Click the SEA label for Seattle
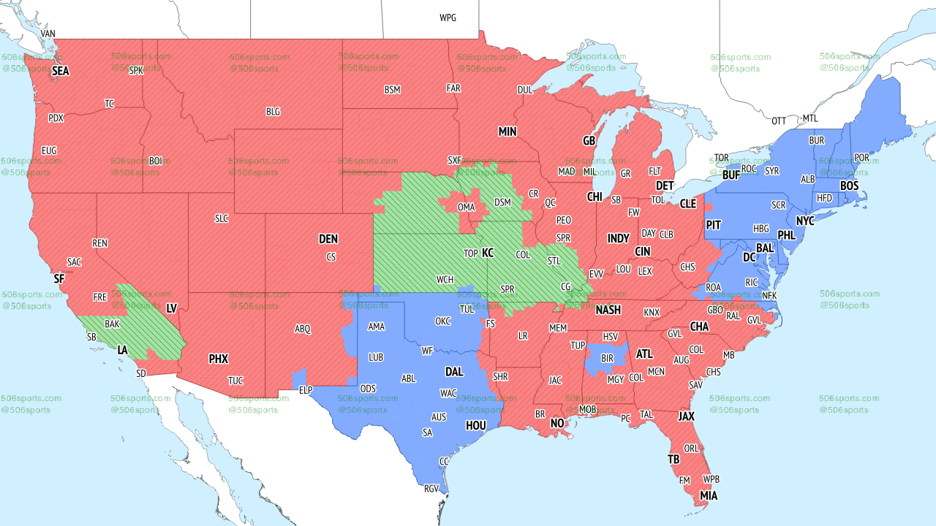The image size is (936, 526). (60, 72)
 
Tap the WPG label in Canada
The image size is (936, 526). (448, 18)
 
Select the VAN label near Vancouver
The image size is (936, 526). (48, 34)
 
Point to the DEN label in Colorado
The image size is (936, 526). (328, 239)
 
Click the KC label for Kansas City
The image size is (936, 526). (487, 253)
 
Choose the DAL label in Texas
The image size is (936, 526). (454, 372)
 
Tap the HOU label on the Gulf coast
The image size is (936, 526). (475, 425)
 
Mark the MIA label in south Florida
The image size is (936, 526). (708, 496)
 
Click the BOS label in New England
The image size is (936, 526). (849, 186)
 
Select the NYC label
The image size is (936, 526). (805, 221)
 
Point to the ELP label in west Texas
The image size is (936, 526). (306, 391)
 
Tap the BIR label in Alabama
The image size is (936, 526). (606, 359)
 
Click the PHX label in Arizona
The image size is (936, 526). (218, 359)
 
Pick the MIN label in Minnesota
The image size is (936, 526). (507, 132)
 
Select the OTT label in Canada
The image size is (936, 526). (779, 121)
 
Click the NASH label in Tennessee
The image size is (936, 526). (608, 310)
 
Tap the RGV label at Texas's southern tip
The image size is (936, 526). (431, 489)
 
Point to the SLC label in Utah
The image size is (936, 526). (222, 218)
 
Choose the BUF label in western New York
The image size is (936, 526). (731, 175)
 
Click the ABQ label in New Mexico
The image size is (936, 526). (303, 329)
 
